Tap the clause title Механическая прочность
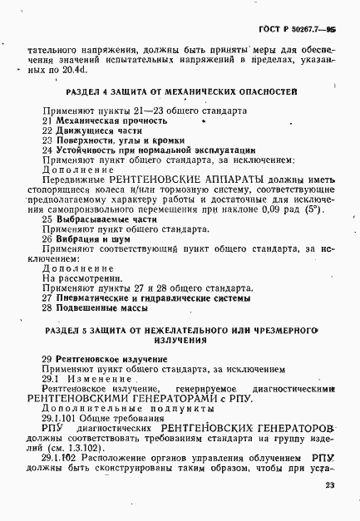coord(98,120)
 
